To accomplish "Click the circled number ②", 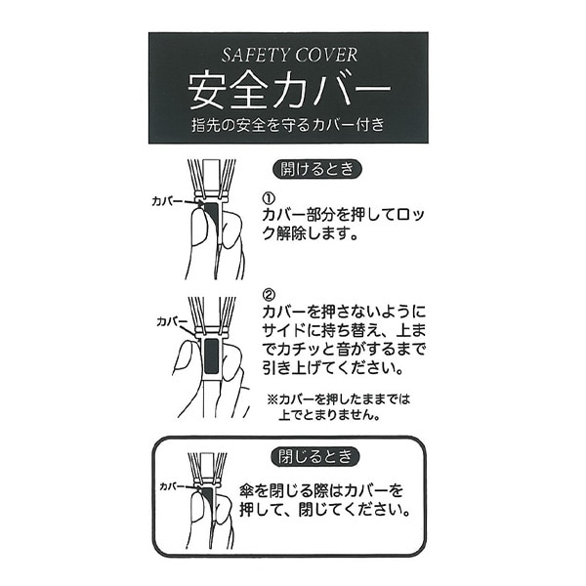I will (x=270, y=292).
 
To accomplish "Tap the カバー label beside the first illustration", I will (x=166, y=199).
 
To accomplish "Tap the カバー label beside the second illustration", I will (x=172, y=320).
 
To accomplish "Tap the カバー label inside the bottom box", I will (x=174, y=484).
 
